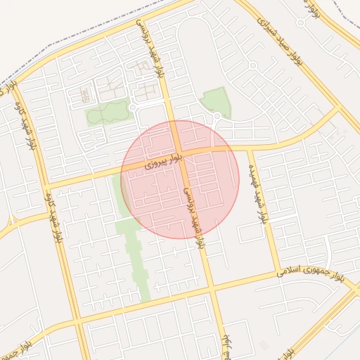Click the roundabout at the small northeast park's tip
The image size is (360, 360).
pos(217,115)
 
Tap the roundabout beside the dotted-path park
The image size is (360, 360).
pos(133,107)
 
